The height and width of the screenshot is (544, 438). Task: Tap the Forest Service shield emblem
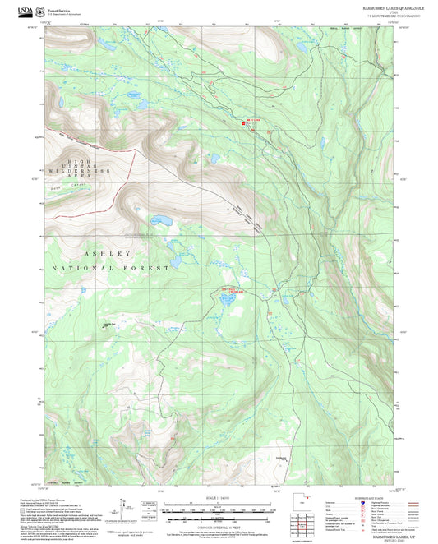pyautogui.click(x=41, y=11)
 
